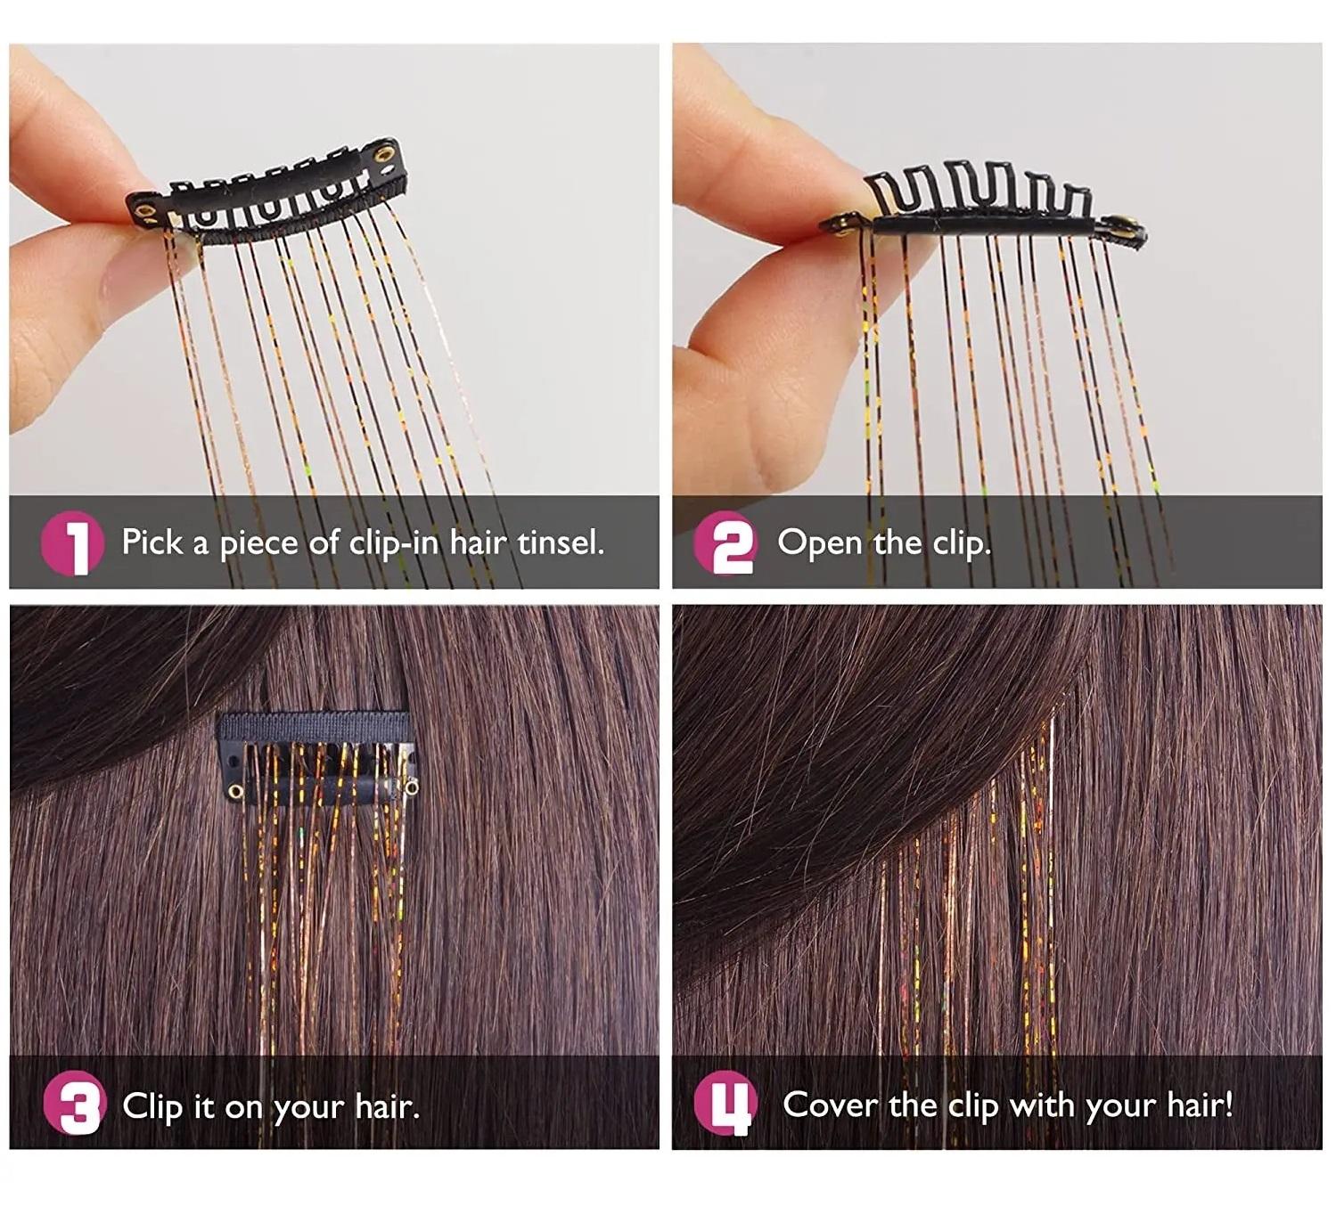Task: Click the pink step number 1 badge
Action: click(72, 542)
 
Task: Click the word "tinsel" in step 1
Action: click(560, 542)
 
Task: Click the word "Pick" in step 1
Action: click(152, 542)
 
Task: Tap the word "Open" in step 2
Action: click(819, 543)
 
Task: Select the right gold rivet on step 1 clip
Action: click(384, 155)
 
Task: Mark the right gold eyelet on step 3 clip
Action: click(413, 788)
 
